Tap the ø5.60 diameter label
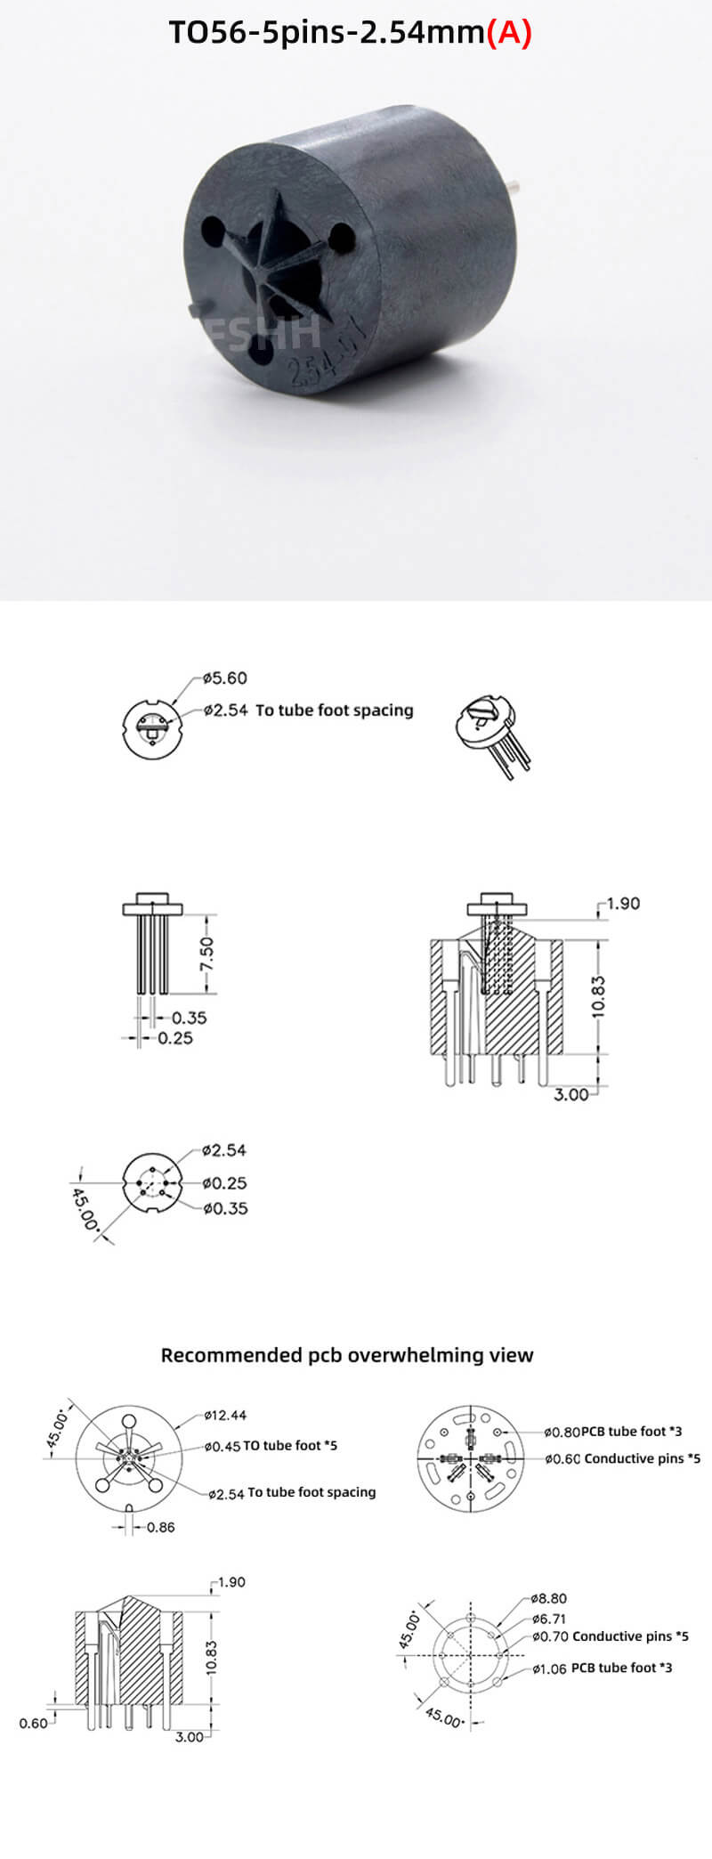224,678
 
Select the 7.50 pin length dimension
206,954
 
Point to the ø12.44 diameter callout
225,1415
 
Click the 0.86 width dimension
160,1527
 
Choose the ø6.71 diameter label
548,1619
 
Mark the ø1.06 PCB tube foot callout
602,1668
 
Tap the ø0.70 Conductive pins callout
610,1636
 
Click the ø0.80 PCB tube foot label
613,1432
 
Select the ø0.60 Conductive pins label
622,1458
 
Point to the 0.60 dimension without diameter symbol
34,1723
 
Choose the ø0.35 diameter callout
224,1208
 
